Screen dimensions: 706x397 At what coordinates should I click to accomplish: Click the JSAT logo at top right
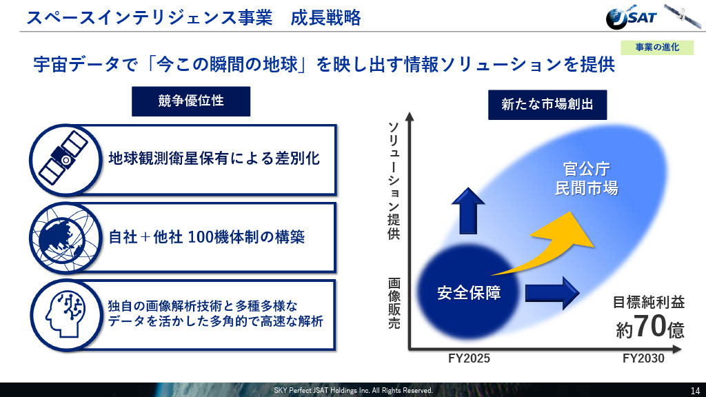point(631,18)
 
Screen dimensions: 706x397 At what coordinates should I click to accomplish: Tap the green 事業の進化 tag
point(657,48)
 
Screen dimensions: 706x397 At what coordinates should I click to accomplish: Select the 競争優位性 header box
point(191,101)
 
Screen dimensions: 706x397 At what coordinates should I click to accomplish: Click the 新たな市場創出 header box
point(547,105)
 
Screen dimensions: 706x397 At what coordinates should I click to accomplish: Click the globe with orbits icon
point(65,238)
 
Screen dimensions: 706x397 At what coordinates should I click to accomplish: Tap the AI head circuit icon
point(65,314)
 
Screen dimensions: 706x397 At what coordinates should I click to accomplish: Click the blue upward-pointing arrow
point(468,211)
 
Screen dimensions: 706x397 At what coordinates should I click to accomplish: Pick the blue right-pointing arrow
point(552,293)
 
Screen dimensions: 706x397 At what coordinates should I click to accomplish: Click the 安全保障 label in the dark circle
point(469,293)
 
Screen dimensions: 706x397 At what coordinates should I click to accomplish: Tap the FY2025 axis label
point(469,358)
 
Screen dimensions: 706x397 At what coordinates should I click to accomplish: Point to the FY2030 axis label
point(643,358)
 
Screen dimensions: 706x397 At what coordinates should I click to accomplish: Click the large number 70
point(649,326)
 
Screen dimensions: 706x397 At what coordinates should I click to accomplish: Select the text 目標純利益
point(649,303)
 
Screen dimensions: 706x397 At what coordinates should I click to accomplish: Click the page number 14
point(695,391)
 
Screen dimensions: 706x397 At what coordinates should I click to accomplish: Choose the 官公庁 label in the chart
point(587,170)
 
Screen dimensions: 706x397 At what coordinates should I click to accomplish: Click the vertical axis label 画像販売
point(394,303)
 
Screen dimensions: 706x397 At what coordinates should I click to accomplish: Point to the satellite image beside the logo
point(683,16)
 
